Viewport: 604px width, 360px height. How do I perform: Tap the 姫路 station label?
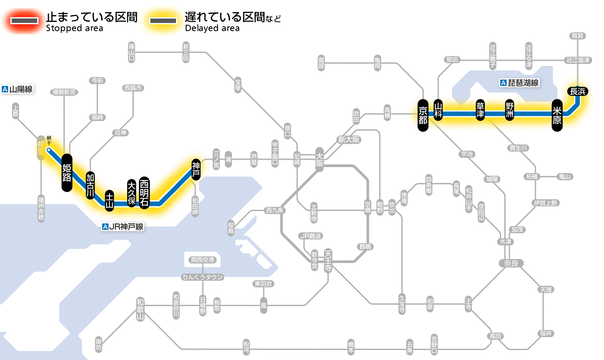click(67, 172)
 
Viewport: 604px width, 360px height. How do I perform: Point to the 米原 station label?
click(557, 114)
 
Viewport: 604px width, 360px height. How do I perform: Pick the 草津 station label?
click(480, 111)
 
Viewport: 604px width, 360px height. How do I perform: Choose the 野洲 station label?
click(510, 111)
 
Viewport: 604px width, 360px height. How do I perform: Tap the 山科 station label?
click(438, 111)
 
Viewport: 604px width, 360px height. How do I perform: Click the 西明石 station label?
click(145, 193)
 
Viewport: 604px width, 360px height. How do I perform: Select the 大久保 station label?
click(132, 193)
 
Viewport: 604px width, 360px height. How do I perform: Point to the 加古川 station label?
click(90, 186)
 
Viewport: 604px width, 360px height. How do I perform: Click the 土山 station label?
click(110, 200)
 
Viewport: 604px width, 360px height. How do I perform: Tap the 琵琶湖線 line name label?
click(520, 83)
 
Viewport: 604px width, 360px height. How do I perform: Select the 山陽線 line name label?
click(18, 89)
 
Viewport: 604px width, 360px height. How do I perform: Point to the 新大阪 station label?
click(349, 139)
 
